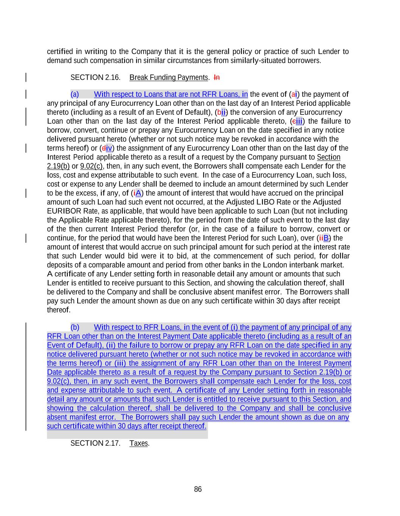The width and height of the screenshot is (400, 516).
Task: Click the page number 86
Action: [x=198, y=489]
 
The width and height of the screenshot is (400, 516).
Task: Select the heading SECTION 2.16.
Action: [x=95, y=77]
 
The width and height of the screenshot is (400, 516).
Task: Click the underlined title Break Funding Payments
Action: [x=169, y=77]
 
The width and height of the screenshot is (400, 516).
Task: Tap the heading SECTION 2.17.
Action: [x=95, y=443]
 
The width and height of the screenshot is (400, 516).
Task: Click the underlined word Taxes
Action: [x=139, y=443]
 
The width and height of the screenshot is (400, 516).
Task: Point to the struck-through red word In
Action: [x=217, y=77]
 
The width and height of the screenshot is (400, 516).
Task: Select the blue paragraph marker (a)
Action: [x=75, y=94]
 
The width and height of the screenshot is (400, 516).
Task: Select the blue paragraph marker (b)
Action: [x=75, y=327]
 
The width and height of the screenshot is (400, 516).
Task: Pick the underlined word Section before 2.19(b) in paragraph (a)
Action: [x=328, y=157]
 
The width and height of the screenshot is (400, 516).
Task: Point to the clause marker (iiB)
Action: [x=324, y=238]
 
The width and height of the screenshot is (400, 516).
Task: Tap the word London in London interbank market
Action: [x=273, y=265]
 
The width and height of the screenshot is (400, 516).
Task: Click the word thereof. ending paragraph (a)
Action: [x=59, y=310]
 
